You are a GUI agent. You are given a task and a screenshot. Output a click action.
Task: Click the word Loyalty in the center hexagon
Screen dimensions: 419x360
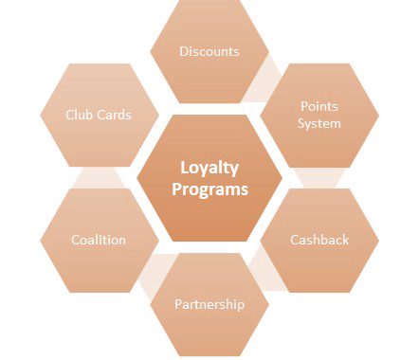(x=209, y=168)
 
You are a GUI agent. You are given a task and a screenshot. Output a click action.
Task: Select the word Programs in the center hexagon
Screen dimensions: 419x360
(x=209, y=189)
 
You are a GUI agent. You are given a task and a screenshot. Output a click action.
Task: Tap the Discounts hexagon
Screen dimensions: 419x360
(x=209, y=51)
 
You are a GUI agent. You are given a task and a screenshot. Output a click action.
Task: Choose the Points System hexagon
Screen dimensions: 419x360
(x=319, y=116)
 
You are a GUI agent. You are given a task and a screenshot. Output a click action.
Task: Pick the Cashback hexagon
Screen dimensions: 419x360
(x=319, y=241)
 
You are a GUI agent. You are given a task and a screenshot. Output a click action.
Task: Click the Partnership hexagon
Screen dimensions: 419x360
(x=209, y=304)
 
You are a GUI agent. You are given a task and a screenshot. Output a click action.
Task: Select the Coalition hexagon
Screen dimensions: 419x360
(x=100, y=241)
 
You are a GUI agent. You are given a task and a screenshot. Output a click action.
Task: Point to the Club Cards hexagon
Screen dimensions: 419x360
(x=100, y=115)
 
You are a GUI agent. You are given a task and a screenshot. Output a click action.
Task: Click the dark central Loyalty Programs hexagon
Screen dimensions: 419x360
(x=209, y=178)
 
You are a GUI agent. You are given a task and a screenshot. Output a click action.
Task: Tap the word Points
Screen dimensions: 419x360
(x=319, y=106)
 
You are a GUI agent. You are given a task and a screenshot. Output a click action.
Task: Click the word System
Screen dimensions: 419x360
(x=319, y=123)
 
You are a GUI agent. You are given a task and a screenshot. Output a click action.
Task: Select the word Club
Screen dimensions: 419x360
(x=79, y=115)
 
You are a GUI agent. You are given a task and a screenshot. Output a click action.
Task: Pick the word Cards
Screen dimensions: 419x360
(x=114, y=115)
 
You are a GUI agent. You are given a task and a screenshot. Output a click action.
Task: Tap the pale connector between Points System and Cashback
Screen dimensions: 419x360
(x=319, y=178)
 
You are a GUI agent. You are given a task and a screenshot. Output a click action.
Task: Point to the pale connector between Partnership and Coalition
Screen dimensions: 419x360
(x=155, y=274)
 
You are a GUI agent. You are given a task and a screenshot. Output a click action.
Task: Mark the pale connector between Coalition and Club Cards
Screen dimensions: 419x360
(x=100, y=178)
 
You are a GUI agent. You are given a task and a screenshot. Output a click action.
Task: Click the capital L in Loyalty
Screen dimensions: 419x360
(x=184, y=168)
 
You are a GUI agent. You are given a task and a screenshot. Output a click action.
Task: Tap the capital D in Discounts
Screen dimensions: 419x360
(x=184, y=51)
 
